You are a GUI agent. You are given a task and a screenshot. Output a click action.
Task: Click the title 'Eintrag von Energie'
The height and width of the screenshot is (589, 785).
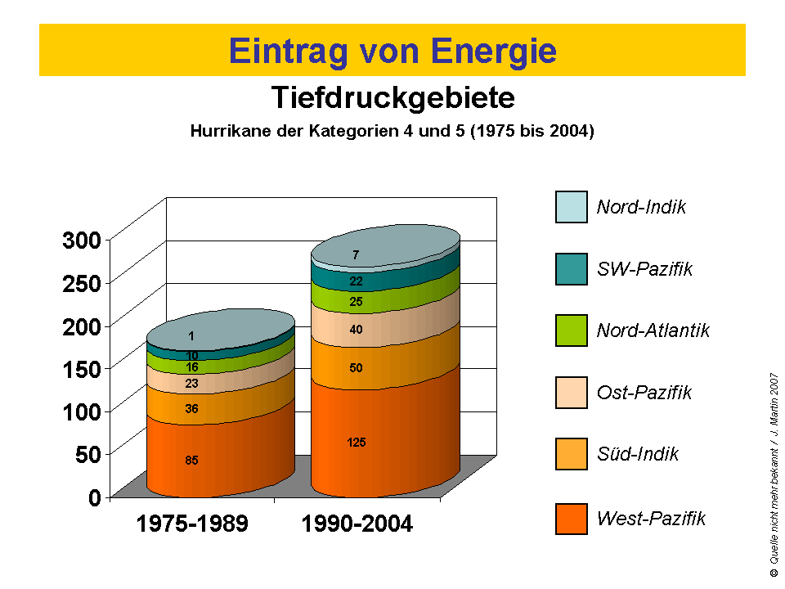click(x=392, y=51)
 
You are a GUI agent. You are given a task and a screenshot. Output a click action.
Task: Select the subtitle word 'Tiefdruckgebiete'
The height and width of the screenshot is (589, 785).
click(x=392, y=98)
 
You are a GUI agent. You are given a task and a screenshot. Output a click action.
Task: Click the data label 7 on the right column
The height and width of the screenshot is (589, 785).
click(x=356, y=255)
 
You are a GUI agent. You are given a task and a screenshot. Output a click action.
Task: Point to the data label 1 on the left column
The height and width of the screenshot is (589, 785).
click(x=191, y=335)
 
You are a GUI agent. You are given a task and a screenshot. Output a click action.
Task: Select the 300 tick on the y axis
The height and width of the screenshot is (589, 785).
click(x=81, y=240)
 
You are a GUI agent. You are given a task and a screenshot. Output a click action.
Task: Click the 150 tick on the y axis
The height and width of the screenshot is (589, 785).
click(x=81, y=368)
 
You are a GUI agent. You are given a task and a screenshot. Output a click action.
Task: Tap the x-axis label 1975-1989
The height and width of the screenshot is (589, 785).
click(x=192, y=524)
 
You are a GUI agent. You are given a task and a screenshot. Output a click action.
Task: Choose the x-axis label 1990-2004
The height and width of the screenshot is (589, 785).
click(x=357, y=524)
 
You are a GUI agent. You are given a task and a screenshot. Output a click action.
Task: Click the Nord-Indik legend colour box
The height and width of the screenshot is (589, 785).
click(x=571, y=207)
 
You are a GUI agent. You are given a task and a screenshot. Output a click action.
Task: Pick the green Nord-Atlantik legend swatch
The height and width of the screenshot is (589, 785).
click(x=571, y=330)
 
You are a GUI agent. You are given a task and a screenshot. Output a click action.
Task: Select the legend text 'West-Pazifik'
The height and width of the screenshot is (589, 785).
click(x=651, y=518)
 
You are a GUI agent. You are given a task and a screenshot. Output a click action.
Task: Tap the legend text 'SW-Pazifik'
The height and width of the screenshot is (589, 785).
click(x=644, y=269)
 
